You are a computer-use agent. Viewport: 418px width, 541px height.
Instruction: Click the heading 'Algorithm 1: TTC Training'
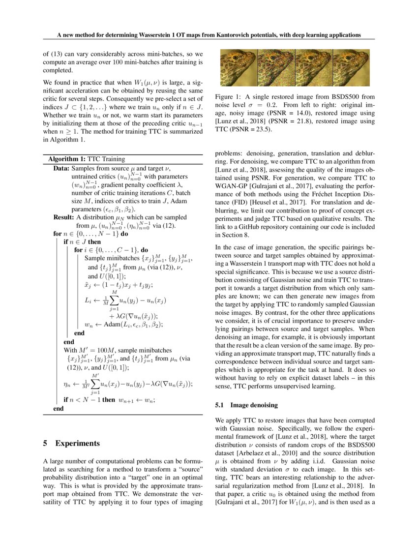coord(87,159)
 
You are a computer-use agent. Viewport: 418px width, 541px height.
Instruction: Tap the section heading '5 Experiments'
coord(71,443)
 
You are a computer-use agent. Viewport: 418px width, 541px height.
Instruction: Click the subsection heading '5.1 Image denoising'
coord(246,406)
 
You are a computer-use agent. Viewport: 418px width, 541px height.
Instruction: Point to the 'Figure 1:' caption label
coord(230,97)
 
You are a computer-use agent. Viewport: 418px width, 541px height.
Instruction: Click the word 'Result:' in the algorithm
coord(64,217)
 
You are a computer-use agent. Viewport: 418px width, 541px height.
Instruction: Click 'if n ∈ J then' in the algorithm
coord(82,242)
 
